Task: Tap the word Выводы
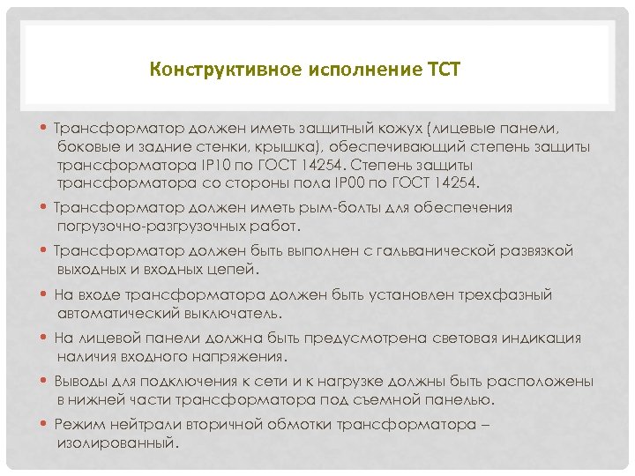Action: [81, 382]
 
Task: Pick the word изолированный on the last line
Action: [116, 443]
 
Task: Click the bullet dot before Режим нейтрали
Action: [46, 425]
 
